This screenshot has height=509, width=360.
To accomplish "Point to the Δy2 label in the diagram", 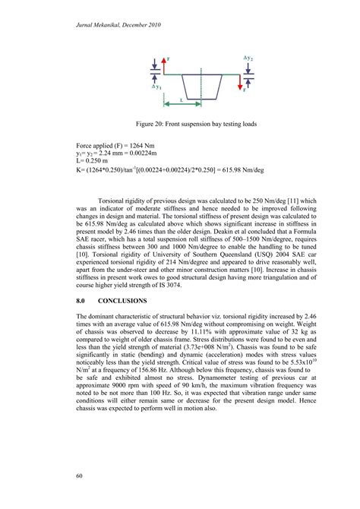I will click(x=248, y=58).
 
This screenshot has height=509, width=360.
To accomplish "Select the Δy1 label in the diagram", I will click(x=156, y=87).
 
